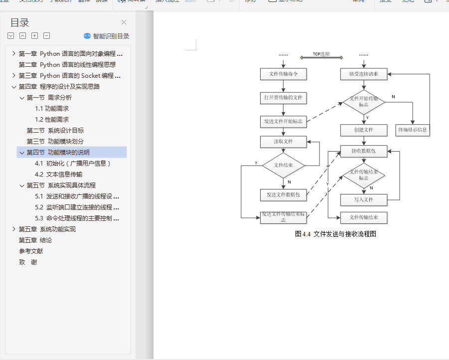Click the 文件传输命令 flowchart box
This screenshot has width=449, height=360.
pyautogui.click(x=283, y=74)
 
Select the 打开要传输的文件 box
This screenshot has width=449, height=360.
pyautogui.click(x=283, y=98)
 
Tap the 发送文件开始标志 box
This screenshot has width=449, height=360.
pyautogui.click(x=283, y=121)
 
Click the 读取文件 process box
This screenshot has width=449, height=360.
pyautogui.click(x=283, y=142)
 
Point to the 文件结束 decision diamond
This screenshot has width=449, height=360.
pyautogui.click(x=283, y=165)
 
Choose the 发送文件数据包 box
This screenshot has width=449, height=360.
pyautogui.click(x=283, y=195)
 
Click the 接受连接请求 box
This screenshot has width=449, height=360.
pyautogui.click(x=363, y=74)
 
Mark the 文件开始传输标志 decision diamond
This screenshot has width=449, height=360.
pyautogui.click(x=363, y=102)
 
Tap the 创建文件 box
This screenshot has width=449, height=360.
pyautogui.click(x=363, y=130)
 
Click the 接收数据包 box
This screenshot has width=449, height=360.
pyautogui.click(x=363, y=151)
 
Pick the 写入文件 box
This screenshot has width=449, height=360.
pyautogui.click(x=363, y=199)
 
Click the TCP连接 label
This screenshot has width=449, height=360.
pyautogui.click(x=321, y=54)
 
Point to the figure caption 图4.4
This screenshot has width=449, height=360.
pyautogui.click(x=335, y=233)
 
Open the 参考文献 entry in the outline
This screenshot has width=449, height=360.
pyautogui.click(x=31, y=251)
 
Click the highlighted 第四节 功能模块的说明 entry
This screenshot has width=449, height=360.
pyautogui.click(x=58, y=152)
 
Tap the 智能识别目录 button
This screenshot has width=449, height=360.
pyautogui.click(x=107, y=36)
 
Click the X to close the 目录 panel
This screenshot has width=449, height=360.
pyautogui.click(x=124, y=22)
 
